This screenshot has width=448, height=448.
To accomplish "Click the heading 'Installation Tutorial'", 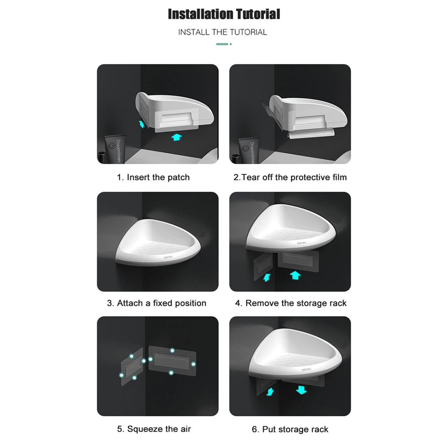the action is pos(224,14).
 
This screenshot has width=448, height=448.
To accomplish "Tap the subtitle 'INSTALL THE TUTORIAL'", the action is pos(223,32).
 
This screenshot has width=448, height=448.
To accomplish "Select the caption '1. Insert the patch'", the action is pos(153,177).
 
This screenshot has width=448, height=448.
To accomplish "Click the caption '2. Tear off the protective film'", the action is pos(290,177).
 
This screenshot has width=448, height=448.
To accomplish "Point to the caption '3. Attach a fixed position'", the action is pos(156,303).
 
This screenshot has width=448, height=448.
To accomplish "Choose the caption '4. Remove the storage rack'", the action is pos(291,303).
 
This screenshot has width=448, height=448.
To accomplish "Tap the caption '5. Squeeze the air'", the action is pos(154,429).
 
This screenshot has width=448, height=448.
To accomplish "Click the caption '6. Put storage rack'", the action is pos(290,429).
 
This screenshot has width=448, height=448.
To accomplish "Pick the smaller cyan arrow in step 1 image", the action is pos(142,124).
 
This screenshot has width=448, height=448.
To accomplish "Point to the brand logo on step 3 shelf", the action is pos(168,258).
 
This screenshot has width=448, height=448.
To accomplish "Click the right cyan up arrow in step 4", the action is pos(295,276).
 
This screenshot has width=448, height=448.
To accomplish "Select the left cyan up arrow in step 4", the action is pos(267,277).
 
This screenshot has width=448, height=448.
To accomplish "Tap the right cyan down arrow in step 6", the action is pos(301,390).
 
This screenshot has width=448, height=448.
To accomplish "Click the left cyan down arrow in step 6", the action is pos(270,392).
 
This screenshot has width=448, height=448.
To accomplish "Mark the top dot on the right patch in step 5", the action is pos(172,351).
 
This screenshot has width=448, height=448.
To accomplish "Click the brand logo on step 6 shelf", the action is pos(306,370).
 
